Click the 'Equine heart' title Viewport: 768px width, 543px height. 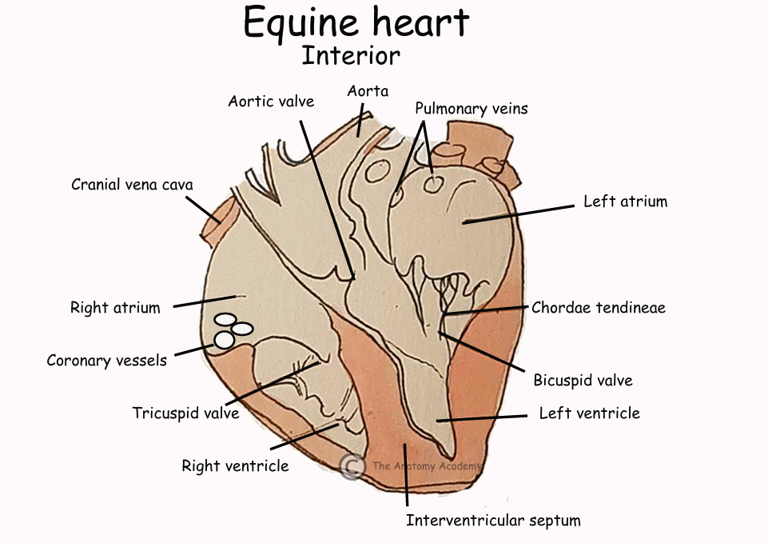coord(356,23)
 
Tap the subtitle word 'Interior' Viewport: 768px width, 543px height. coord(351,56)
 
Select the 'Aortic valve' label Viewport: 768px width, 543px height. coord(271,102)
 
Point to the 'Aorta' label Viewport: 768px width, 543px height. coord(368,91)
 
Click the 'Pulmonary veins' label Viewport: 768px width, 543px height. coord(471,108)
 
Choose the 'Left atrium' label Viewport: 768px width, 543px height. coord(625,202)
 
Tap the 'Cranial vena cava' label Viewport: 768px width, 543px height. coord(132,185)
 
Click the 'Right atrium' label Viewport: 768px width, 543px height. coord(115,307)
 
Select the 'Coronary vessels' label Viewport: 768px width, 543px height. coord(106,360)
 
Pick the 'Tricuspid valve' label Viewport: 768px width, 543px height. coord(185,413)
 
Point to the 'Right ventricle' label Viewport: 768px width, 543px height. coord(235,465)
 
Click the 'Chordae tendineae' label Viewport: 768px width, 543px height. coord(599,307)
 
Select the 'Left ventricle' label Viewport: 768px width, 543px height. coord(589,413)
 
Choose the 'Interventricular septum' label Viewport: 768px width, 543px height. coord(493,521)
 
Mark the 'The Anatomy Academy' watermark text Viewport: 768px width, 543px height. coord(426,465)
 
